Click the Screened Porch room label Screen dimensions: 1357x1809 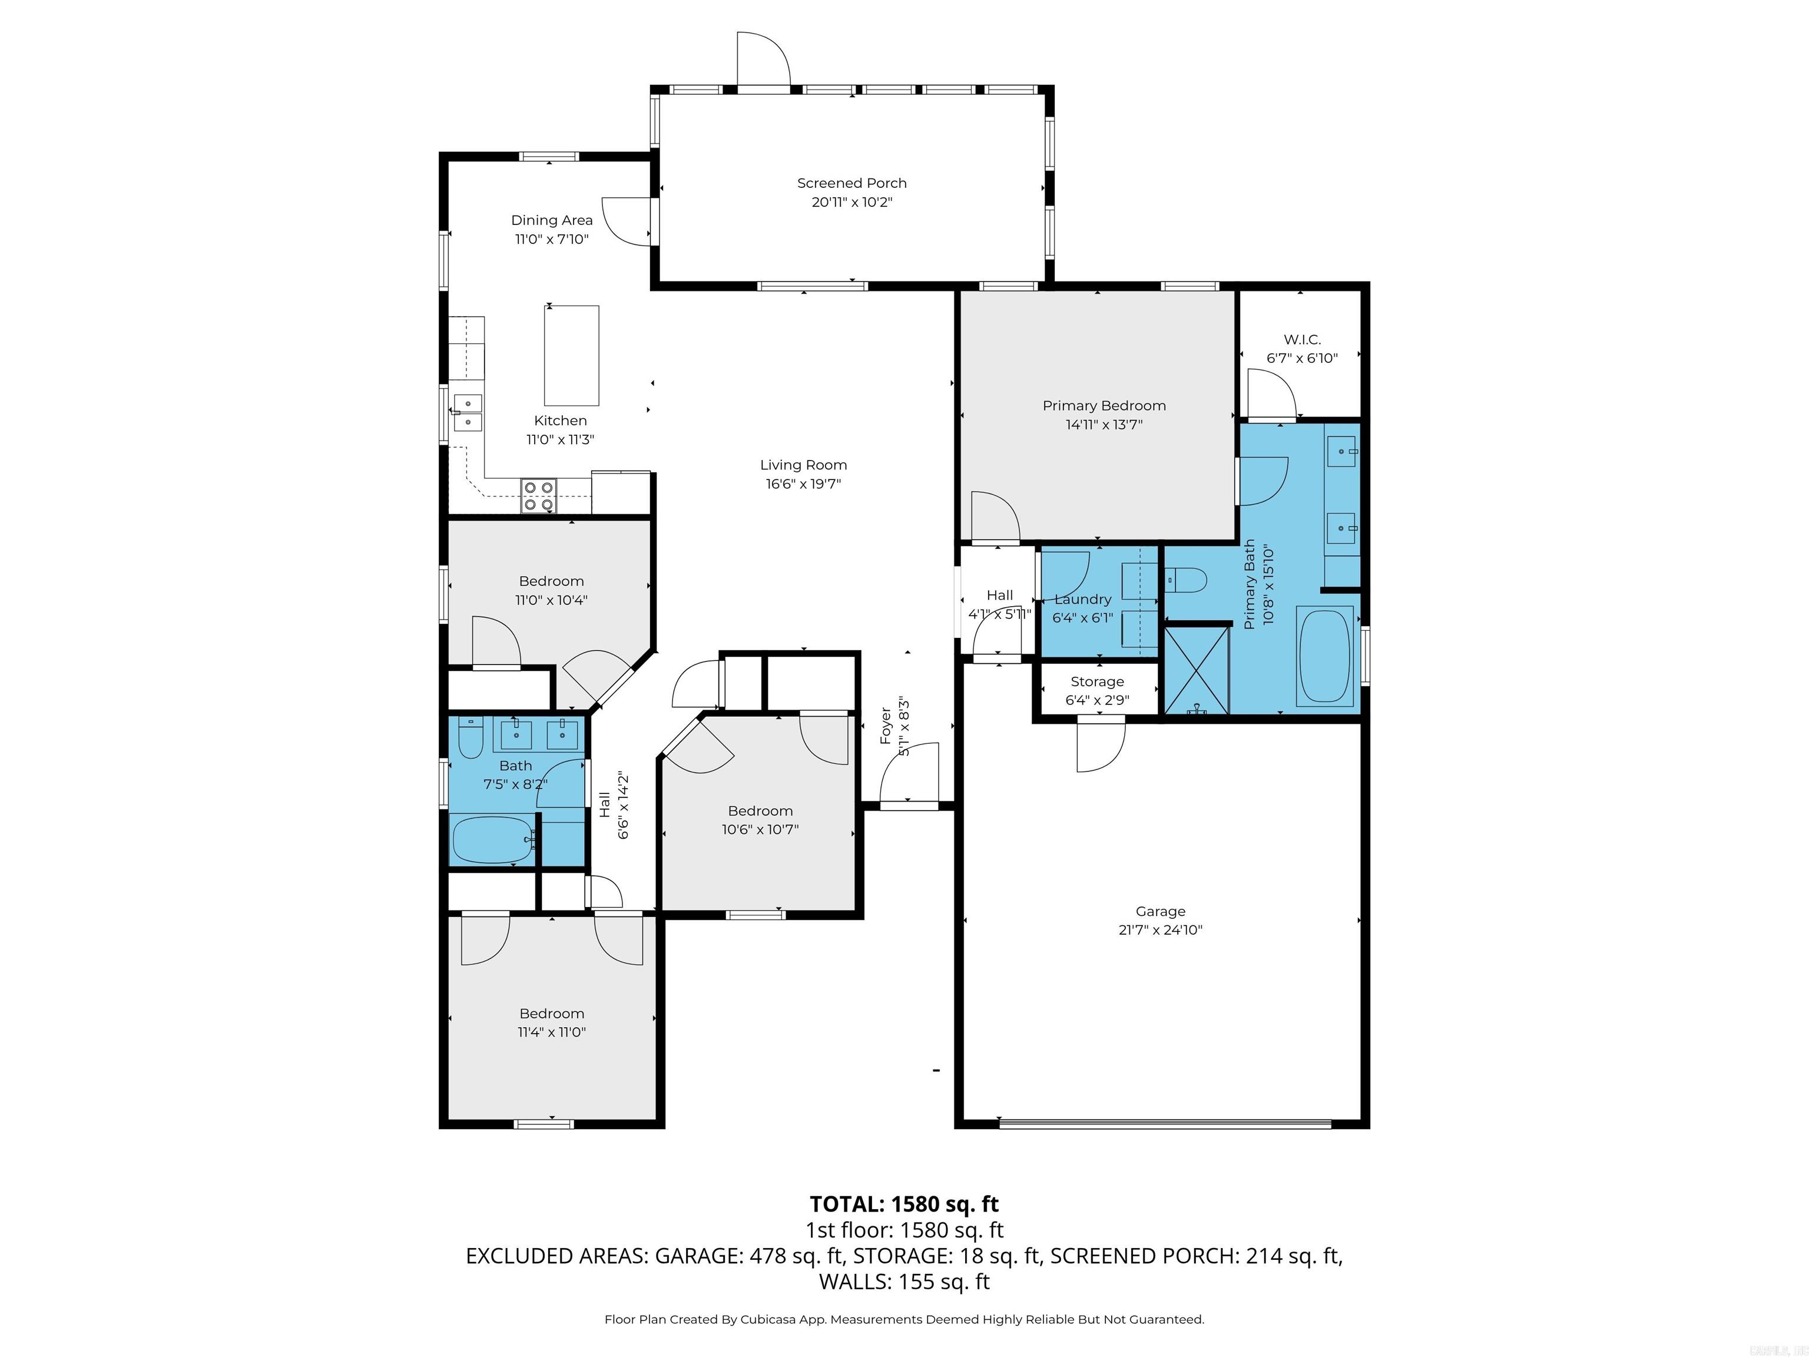[x=852, y=183]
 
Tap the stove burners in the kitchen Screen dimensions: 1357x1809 [x=538, y=497]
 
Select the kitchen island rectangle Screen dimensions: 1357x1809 [x=572, y=355]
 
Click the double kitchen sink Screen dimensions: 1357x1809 [x=468, y=412]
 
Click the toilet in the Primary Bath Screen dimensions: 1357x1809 [x=1186, y=581]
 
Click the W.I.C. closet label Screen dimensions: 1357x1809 [x=1302, y=339]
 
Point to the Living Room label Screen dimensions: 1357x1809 [x=803, y=465]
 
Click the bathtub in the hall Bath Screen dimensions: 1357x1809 [x=492, y=839]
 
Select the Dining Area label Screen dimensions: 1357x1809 [x=551, y=220]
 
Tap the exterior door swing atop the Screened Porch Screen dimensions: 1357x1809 [x=762, y=59]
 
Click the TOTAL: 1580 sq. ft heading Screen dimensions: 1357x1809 [x=904, y=1204]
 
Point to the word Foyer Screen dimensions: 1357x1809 [x=885, y=726]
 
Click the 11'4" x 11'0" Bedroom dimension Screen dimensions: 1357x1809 [x=551, y=1032]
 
